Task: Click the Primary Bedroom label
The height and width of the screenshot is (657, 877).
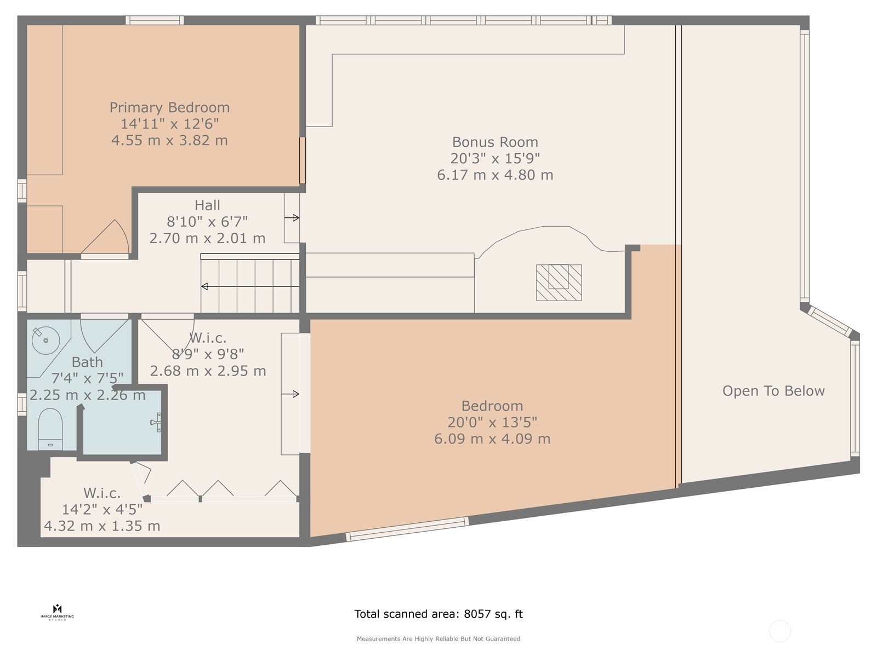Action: point(169,107)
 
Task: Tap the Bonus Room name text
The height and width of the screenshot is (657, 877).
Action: point(495,142)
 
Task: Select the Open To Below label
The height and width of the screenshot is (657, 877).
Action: point(773,391)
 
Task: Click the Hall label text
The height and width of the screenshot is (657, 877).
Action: point(207,205)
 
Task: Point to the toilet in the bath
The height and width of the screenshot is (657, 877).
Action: point(50,429)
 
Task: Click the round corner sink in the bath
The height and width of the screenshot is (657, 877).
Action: point(45,340)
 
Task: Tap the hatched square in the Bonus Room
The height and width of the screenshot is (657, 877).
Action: point(559,283)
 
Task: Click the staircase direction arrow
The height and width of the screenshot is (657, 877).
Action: point(250,286)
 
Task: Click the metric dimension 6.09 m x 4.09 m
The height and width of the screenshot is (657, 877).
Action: point(492,439)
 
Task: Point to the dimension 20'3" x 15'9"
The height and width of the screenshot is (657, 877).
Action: point(495,158)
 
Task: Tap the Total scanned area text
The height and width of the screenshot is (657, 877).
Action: point(438,614)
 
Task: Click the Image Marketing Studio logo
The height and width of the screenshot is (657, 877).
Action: point(57,613)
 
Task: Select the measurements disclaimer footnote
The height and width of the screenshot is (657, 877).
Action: point(438,638)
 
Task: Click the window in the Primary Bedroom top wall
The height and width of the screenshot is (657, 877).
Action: point(155,20)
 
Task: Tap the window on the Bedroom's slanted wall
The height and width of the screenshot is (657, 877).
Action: point(407,528)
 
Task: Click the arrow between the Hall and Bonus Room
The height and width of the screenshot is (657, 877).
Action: point(292,218)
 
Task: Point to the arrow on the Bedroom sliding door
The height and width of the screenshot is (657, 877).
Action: point(290,394)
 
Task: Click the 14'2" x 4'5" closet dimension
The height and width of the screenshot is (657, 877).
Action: point(102,509)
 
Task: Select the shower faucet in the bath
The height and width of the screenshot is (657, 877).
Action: point(156,422)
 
